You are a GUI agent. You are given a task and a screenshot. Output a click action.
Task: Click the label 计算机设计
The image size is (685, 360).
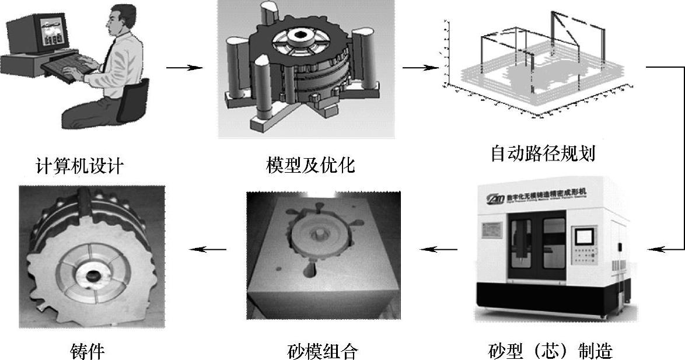79,166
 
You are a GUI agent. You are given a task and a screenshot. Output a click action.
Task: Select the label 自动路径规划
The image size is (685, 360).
543,153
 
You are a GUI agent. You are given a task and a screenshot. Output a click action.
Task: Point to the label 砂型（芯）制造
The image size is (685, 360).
550,351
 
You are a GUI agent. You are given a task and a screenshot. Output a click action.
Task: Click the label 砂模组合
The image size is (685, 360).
323,351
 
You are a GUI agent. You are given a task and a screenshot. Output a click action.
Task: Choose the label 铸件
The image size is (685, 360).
87,351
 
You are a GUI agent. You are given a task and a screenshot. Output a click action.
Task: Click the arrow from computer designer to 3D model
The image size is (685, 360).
184,68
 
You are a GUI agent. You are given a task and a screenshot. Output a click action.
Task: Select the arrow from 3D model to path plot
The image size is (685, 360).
419,68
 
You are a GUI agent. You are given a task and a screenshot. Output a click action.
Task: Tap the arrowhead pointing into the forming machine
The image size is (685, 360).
655,249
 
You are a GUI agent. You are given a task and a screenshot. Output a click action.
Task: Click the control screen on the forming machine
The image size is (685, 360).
584,236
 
